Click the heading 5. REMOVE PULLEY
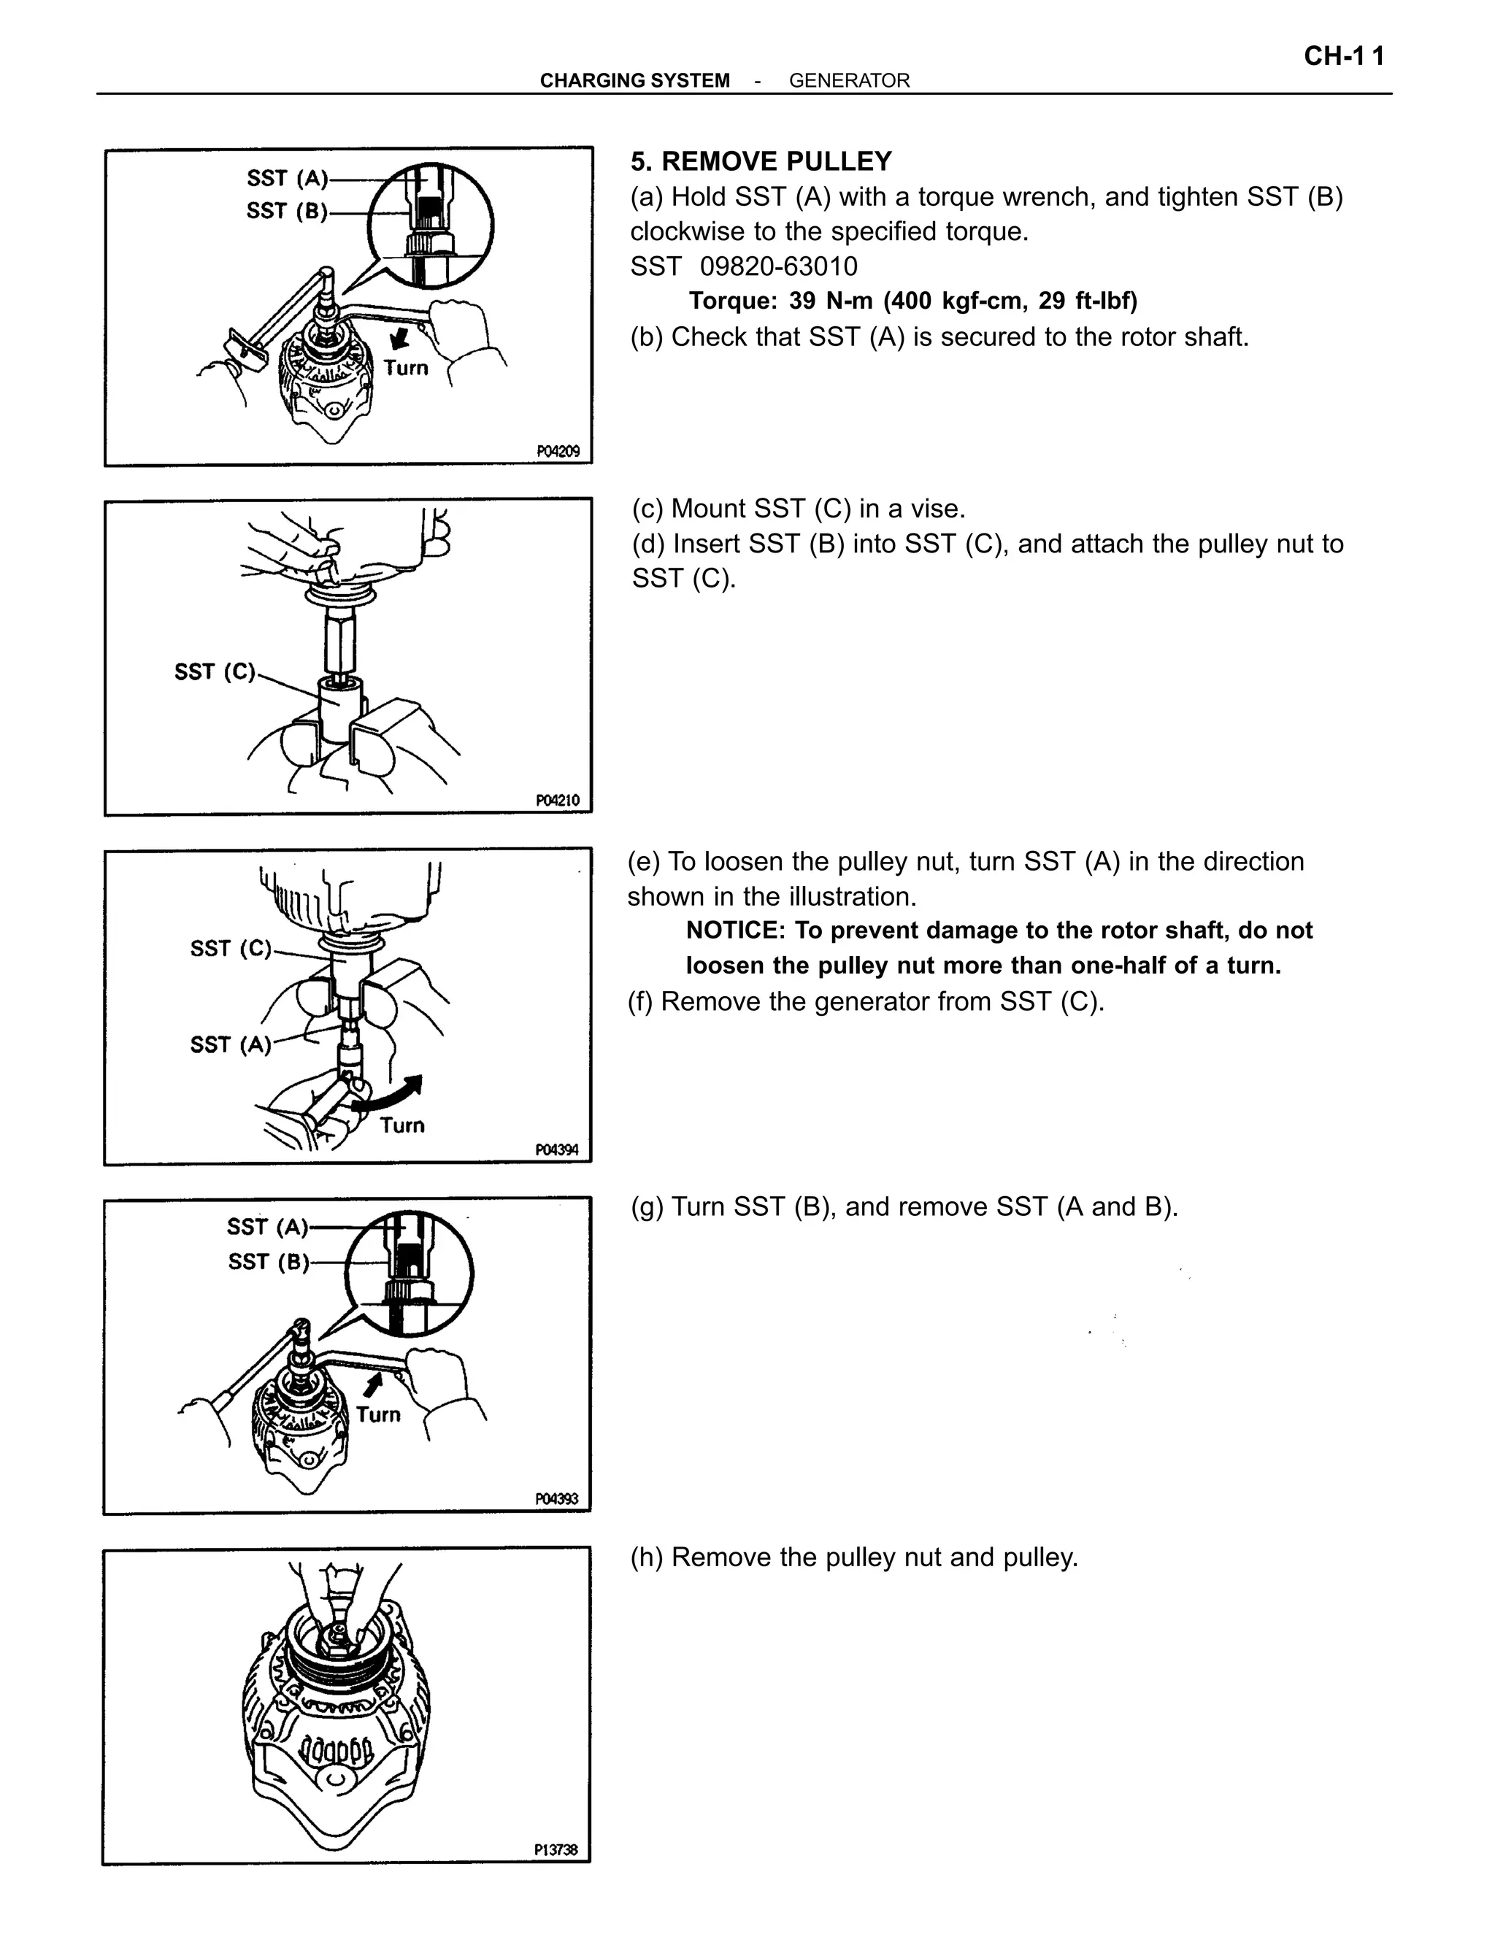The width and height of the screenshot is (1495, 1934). coord(761,161)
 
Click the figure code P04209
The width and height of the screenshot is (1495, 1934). coord(558,452)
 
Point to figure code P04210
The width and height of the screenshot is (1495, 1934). coord(558,801)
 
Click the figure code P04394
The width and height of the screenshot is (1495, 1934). coord(557,1149)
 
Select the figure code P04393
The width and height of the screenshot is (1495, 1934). coord(557,1498)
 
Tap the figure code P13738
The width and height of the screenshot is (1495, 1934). coord(556,1849)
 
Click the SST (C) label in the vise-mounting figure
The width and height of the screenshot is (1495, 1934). coord(215,672)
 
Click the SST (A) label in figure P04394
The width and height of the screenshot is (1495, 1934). coord(230,1045)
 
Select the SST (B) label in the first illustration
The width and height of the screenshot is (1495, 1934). coord(286,211)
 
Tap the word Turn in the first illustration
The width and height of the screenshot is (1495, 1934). coord(407,368)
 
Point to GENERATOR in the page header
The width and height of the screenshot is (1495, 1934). coord(850,80)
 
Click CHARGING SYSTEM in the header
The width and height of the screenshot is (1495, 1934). coord(634,80)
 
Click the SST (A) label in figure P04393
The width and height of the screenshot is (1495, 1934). coord(266,1227)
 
